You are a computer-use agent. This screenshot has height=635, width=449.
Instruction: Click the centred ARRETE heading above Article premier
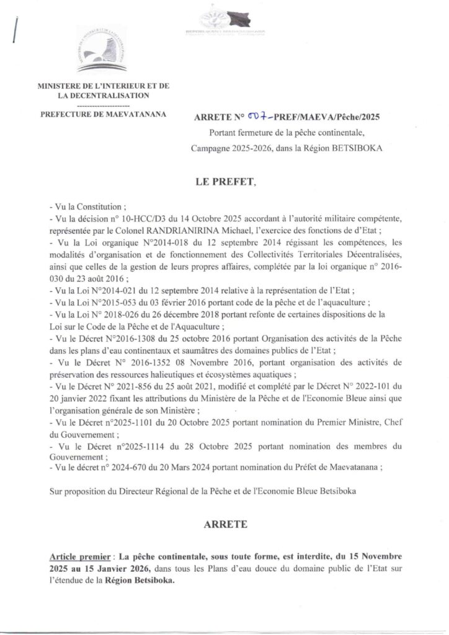click(225, 524)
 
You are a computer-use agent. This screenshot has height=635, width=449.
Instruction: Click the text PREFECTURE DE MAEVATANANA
click(103, 114)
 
